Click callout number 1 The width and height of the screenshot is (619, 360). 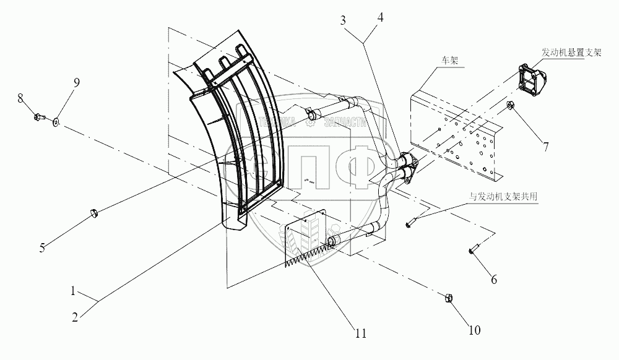coord(73,290)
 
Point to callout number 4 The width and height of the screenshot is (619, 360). coord(380,17)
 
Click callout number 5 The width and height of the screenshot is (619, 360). coord(42,249)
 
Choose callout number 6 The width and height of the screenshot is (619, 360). coord(493,280)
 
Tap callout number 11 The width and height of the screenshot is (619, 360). coord(360,333)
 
